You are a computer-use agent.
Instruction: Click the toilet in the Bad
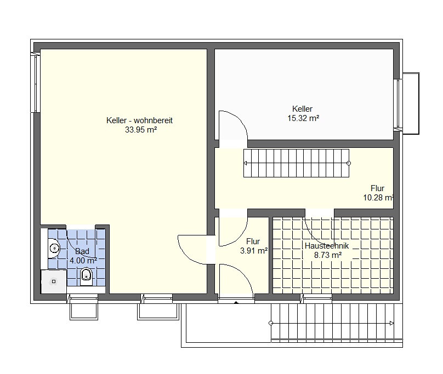click(87, 277)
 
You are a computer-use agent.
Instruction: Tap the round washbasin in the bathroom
click(54, 248)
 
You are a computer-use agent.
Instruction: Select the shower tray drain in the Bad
click(54, 281)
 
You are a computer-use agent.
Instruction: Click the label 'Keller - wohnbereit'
click(139, 120)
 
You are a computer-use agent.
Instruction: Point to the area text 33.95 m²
click(141, 130)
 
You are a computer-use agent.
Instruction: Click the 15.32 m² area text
click(303, 118)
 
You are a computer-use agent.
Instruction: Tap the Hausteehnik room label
click(327, 246)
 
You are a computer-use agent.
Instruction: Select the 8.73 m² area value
click(328, 255)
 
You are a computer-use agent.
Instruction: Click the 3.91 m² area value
click(254, 251)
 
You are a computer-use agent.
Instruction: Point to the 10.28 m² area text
click(378, 198)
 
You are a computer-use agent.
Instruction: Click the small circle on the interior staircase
click(349, 163)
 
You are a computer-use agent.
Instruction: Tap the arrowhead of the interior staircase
click(245, 163)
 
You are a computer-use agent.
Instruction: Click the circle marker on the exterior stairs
click(271, 323)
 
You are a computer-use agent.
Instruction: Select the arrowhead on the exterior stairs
click(391, 323)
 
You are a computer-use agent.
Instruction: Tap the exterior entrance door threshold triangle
click(236, 303)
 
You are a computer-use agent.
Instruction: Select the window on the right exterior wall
click(399, 103)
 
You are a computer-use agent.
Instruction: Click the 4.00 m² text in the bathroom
click(83, 261)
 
